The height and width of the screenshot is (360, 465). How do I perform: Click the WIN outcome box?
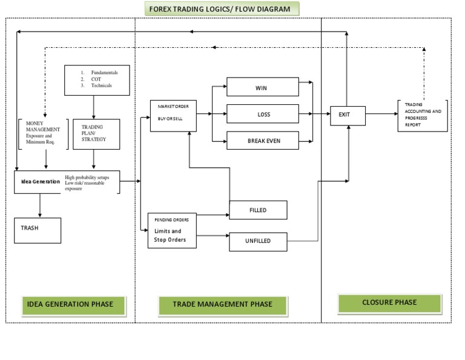pos(262,87)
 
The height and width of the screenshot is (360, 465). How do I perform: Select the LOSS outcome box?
pos(262,114)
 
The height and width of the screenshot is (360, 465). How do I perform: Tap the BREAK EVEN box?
pos(262,141)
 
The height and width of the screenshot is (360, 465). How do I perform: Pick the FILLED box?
pos(257,210)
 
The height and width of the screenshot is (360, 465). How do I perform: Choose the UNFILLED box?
pos(257,241)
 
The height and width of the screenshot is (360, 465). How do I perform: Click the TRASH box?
pos(38,230)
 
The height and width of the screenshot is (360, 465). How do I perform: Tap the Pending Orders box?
pos(173,230)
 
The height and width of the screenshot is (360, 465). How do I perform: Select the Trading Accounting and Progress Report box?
pos(422,115)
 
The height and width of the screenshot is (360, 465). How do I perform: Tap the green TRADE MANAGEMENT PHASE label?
pos(222,305)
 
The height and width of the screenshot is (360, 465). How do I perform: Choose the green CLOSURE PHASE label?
pos(389,303)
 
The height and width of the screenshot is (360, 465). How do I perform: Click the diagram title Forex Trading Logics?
pos(222,9)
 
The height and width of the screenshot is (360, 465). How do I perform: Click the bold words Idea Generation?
pos(38,181)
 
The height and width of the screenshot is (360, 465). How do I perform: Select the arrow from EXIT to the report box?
pos(381,113)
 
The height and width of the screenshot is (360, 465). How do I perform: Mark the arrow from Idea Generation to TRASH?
pos(40,205)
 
